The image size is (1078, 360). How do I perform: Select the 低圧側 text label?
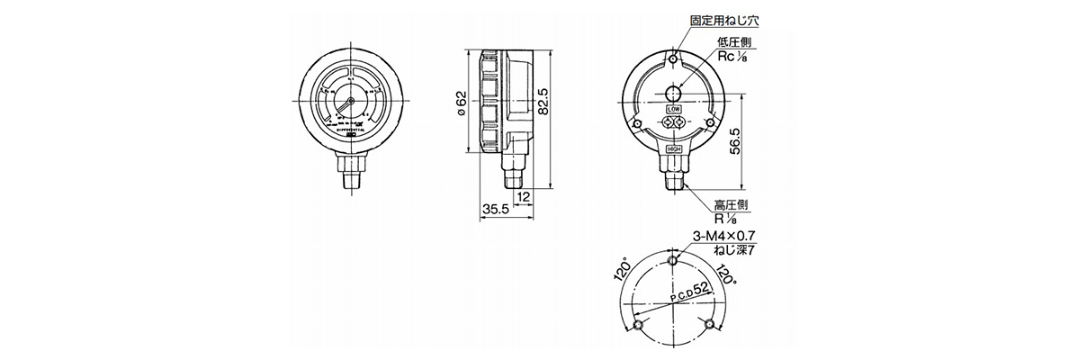coord(734,41)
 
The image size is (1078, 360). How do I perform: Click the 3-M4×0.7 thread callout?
coord(724,236)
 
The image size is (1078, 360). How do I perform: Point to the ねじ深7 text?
coord(734,250)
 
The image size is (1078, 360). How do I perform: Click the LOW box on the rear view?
coord(674,108)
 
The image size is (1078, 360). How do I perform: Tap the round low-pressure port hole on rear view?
coord(674,93)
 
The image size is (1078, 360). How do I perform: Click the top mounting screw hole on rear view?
coord(674,60)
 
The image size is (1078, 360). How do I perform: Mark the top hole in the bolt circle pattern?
coord(674,261)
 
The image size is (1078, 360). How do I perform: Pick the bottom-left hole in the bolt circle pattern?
coord(638,323)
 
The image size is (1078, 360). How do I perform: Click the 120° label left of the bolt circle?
coord(618,271)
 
